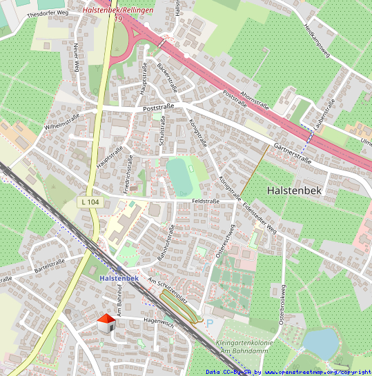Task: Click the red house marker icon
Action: point(106,322)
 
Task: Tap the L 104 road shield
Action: point(89,201)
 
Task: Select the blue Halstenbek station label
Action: point(119,278)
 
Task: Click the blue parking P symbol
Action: point(210,323)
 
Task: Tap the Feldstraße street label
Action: point(206,201)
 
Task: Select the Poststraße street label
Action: point(156,108)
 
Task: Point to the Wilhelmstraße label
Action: point(62,121)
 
